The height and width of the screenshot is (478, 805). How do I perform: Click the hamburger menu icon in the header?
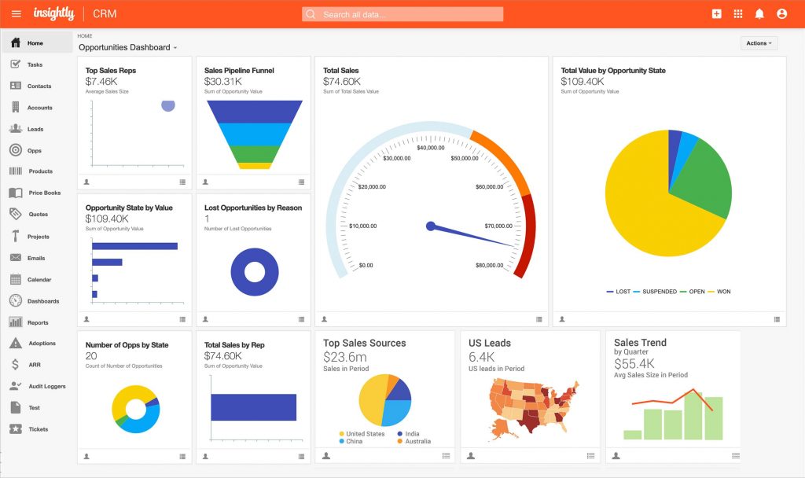17,14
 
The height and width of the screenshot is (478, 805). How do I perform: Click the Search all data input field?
402,14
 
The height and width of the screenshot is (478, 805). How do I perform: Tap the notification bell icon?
759,14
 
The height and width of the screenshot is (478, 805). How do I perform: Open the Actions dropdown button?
759,43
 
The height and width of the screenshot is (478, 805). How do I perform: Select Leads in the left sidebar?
35,129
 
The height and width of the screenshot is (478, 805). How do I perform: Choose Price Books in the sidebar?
44,193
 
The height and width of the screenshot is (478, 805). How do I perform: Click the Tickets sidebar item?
38,429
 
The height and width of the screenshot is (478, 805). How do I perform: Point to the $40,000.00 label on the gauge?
431,148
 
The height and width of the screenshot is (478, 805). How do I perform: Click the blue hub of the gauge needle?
430,226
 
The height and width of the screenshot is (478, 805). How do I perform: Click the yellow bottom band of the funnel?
254,166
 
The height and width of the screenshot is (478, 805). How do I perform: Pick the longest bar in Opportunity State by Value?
134,246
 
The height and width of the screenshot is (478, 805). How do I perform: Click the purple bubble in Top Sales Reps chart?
167,105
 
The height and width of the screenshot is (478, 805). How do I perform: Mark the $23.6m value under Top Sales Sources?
344,357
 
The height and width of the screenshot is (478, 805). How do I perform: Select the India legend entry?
412,434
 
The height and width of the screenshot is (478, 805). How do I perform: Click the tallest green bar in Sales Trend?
693,416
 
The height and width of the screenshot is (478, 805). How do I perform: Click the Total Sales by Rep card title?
234,345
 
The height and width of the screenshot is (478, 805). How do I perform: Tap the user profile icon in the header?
781,14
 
